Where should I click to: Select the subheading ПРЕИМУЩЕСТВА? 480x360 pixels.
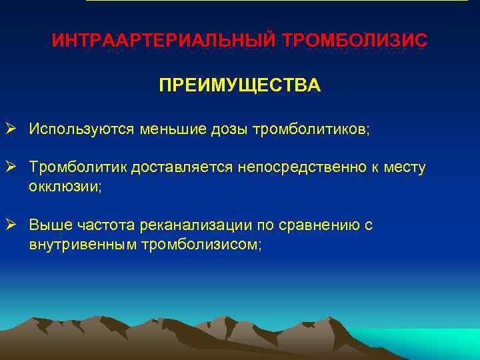[x=239, y=87]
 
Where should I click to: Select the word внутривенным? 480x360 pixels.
[x=83, y=245]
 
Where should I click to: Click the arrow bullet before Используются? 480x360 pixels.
[x=13, y=128]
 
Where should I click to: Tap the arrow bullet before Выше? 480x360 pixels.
[x=13, y=225]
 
